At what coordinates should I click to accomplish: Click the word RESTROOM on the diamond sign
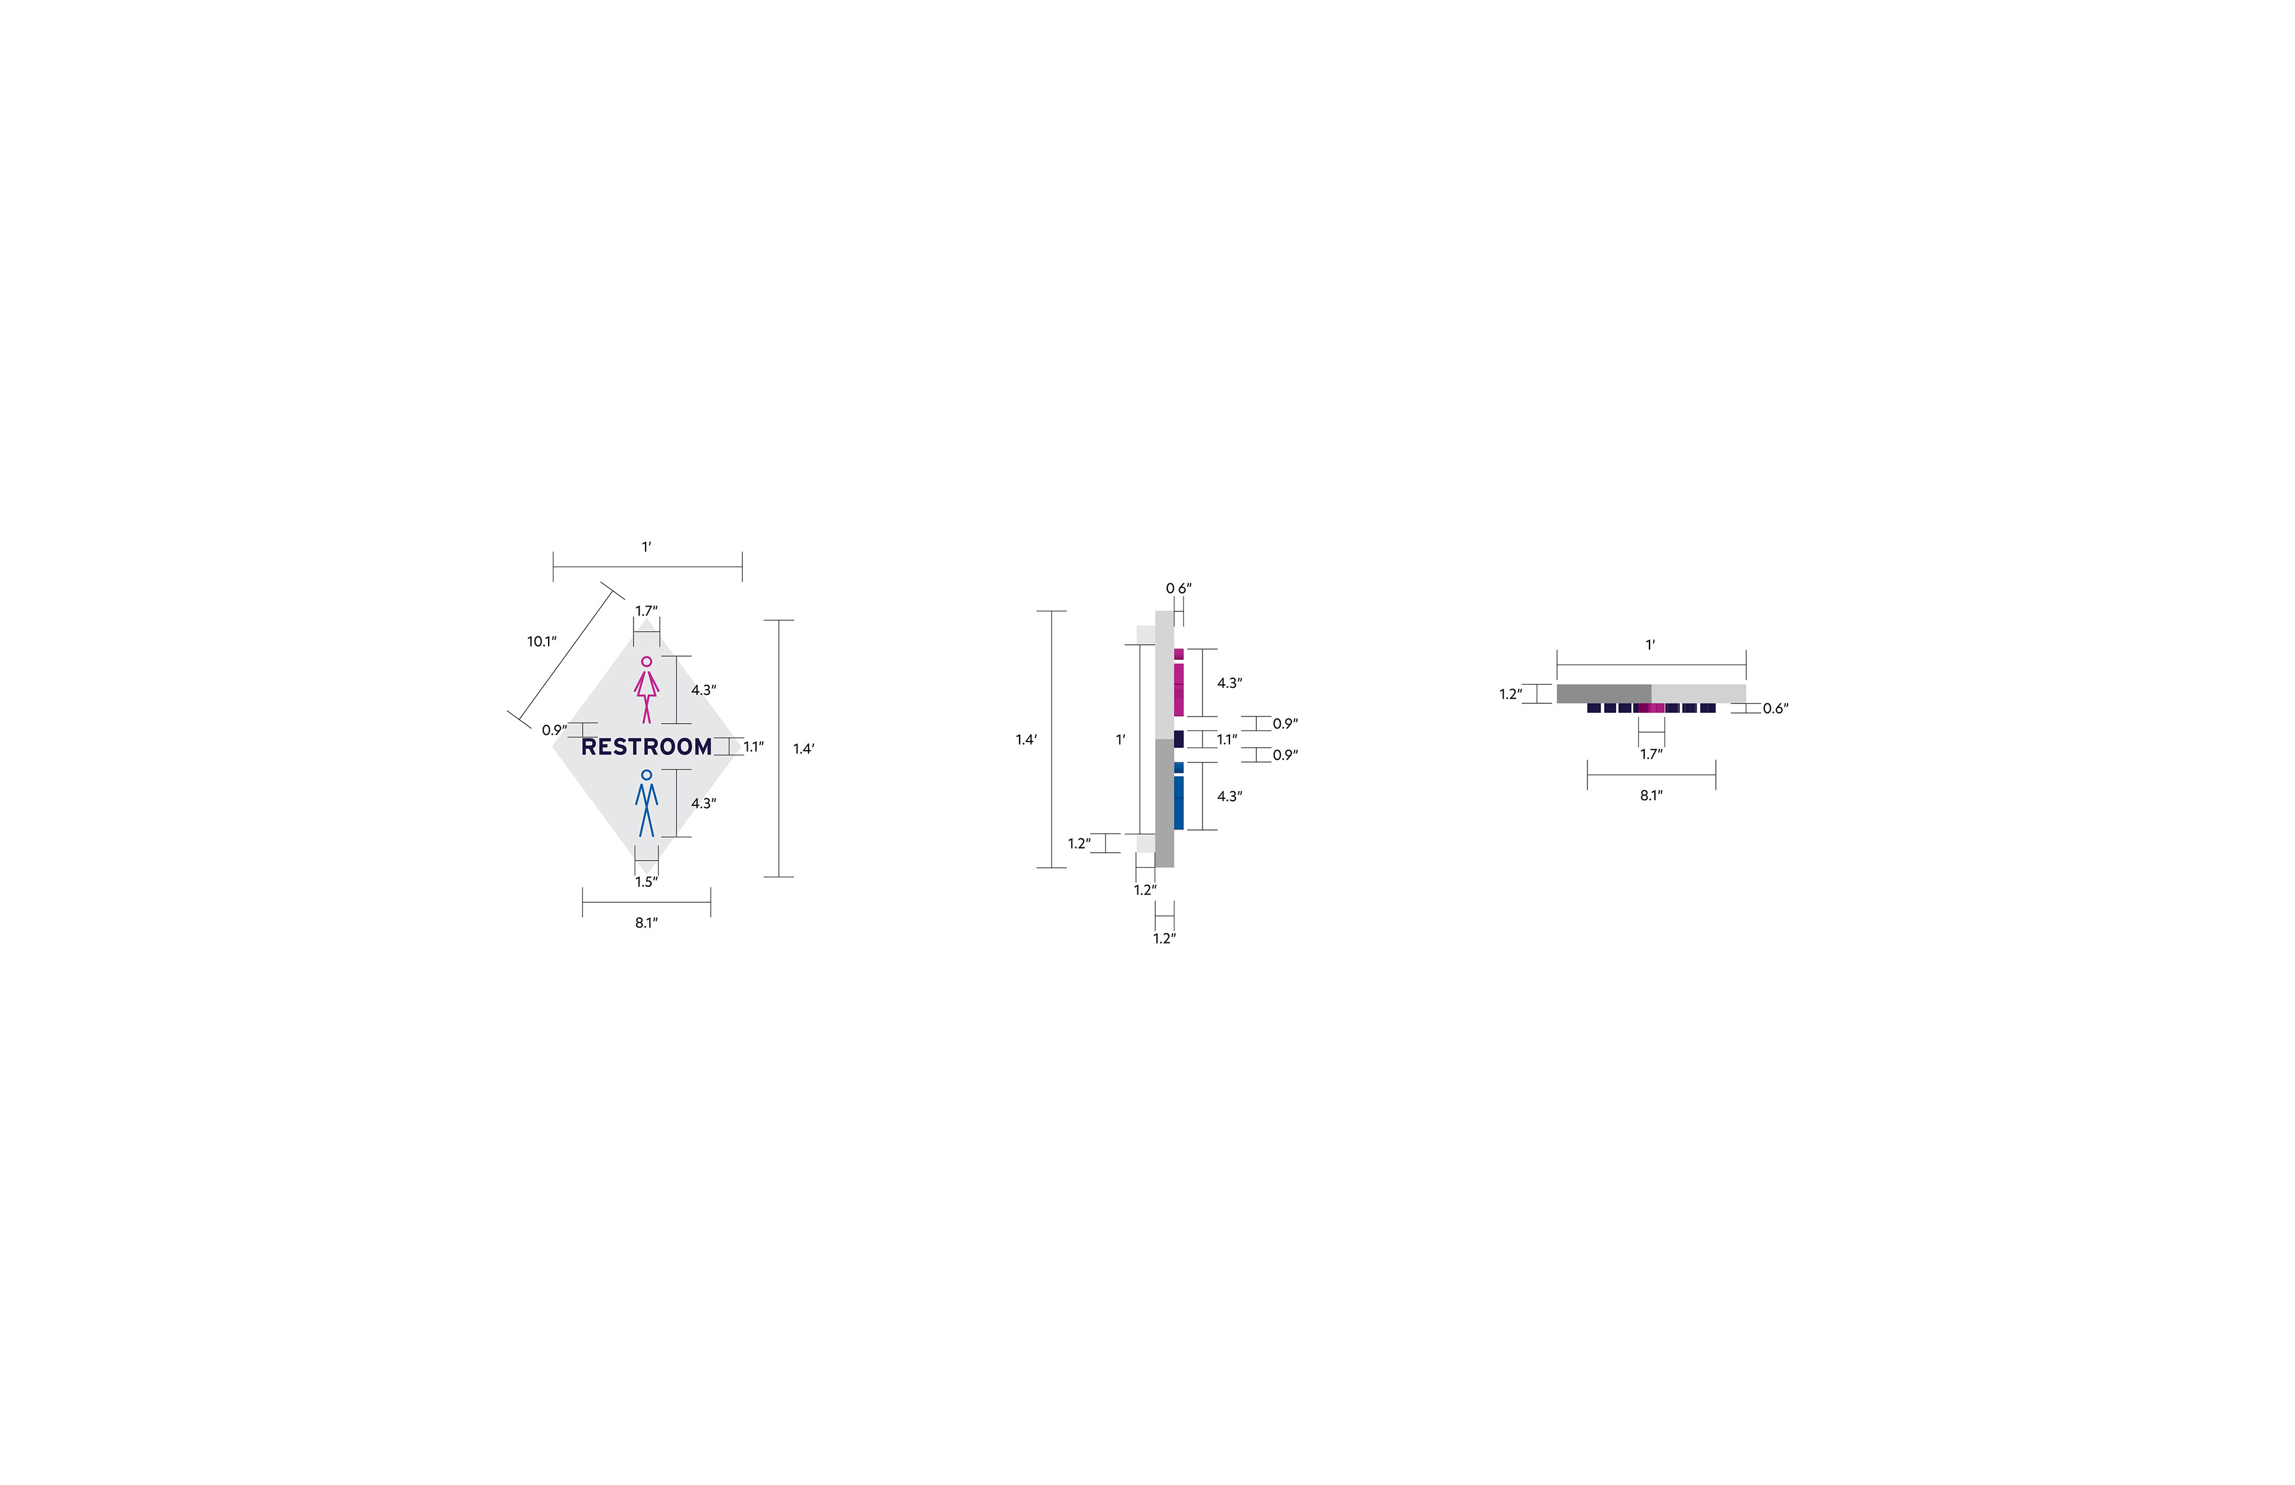pyautogui.click(x=646, y=746)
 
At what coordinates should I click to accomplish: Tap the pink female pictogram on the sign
pyautogui.click(x=646, y=690)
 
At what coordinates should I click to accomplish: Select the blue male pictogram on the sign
pyautogui.click(x=646, y=803)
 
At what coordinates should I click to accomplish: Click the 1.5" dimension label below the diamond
pyautogui.click(x=646, y=881)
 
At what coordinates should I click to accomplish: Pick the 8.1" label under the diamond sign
pyautogui.click(x=646, y=923)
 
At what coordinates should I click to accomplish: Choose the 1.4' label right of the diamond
pyautogui.click(x=803, y=748)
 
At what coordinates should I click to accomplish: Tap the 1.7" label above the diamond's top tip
pyautogui.click(x=646, y=610)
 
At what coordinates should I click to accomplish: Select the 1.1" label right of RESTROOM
pyautogui.click(x=753, y=746)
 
